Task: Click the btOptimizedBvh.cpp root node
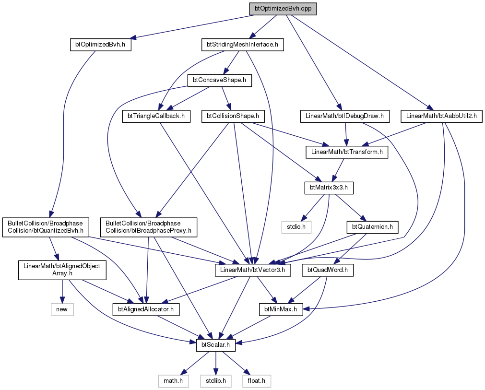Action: pos(283,9)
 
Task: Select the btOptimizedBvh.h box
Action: pos(101,45)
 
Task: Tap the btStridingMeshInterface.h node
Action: pos(243,45)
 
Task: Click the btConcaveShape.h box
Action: pos(220,81)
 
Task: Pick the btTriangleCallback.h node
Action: pos(156,117)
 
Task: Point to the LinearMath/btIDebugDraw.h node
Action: pos(344,117)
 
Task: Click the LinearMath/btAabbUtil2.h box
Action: pos(441,117)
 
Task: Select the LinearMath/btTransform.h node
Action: pos(347,153)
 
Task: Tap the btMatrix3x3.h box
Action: pos(329,188)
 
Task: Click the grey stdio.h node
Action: pos(296,227)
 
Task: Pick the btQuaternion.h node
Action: pos(372,227)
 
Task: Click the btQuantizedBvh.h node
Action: pos(46,227)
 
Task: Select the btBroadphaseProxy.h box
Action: pos(148,227)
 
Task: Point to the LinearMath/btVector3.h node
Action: pos(253,271)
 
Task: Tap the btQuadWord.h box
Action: pos(328,271)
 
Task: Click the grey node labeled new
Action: pos(62,310)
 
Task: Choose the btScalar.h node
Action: pos(215,345)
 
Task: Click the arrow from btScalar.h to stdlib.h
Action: pos(215,364)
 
